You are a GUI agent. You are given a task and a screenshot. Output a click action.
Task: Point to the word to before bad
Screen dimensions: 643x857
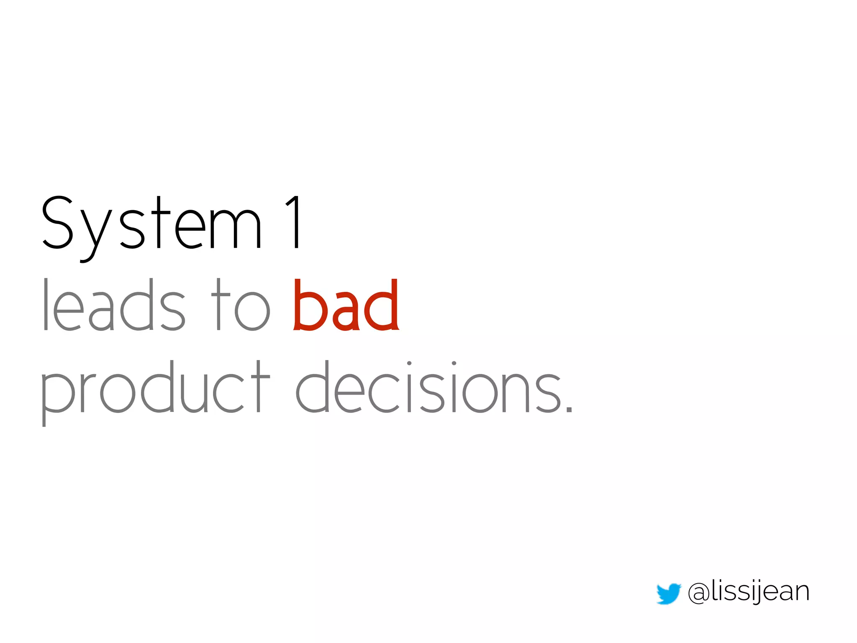241,306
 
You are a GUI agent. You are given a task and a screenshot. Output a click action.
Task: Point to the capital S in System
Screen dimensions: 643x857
58,223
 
